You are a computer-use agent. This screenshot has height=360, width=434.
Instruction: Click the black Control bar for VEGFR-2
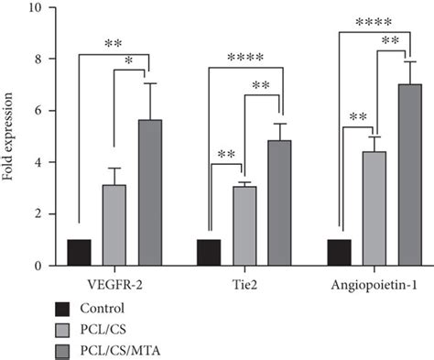(x=79, y=253)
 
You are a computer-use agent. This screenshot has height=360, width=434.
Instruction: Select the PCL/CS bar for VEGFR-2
(x=114, y=225)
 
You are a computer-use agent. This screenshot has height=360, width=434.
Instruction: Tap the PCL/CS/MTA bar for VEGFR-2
(x=150, y=192)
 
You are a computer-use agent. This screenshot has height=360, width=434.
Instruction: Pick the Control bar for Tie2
(x=209, y=253)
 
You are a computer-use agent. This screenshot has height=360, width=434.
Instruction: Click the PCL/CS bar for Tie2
(x=244, y=226)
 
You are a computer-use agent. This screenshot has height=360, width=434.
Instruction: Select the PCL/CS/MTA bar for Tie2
(x=279, y=203)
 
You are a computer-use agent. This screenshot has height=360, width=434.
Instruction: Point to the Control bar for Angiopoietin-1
(x=339, y=253)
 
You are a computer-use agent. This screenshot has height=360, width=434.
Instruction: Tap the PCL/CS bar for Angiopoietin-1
(x=374, y=209)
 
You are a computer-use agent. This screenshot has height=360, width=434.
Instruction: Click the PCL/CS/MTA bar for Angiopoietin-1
(x=410, y=175)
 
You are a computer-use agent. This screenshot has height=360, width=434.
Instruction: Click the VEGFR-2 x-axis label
(x=114, y=285)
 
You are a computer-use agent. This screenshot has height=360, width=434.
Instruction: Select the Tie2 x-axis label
(x=244, y=285)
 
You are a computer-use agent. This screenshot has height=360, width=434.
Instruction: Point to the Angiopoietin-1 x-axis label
(x=374, y=286)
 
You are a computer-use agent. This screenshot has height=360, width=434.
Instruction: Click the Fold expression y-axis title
(x=7, y=136)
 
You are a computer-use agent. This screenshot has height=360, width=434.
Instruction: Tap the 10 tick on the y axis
(x=36, y=7)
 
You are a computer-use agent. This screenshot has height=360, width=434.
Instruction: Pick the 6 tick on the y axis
(x=38, y=111)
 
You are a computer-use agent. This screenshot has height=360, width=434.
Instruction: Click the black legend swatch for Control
(x=62, y=309)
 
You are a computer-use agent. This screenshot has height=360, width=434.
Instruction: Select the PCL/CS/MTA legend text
(x=120, y=351)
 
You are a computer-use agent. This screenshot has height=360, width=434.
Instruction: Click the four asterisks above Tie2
(x=245, y=58)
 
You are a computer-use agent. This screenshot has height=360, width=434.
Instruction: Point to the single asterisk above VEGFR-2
(x=129, y=60)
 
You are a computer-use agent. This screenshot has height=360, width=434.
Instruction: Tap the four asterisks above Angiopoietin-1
(x=374, y=22)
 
